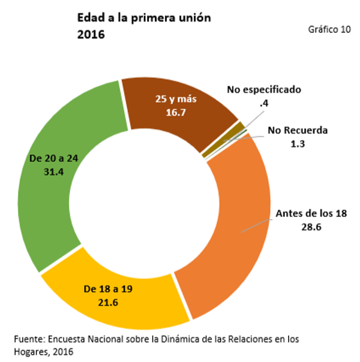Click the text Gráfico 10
(329, 29)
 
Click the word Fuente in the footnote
(28, 340)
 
